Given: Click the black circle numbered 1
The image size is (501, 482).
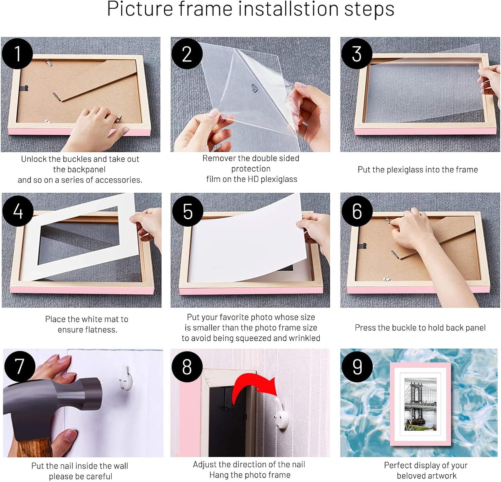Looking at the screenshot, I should click(17, 54).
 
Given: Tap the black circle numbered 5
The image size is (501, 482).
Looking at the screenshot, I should click(187, 211).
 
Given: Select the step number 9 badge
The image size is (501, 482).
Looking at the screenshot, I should click(357, 367).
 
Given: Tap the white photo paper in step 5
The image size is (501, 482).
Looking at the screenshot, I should click(243, 243).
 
